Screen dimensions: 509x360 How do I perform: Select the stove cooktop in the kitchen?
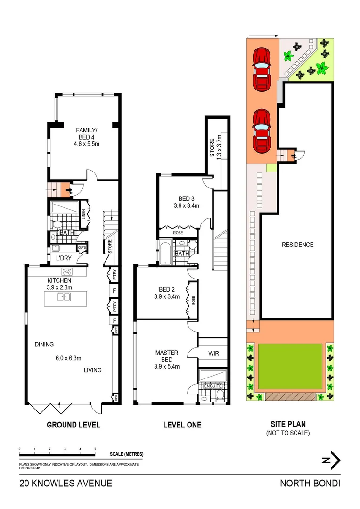tap(66, 271)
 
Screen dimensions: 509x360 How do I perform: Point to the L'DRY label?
tap(64, 259)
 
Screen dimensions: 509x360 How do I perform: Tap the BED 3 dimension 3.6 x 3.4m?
tap(186, 205)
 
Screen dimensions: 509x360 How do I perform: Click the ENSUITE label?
tap(213, 386)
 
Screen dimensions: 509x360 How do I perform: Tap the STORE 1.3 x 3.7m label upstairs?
tap(215, 147)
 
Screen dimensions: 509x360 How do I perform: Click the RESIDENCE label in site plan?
tap(297, 245)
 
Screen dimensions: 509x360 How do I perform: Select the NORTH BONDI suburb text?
tap(310, 483)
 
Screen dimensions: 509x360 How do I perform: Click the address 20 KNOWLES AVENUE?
tap(65, 483)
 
